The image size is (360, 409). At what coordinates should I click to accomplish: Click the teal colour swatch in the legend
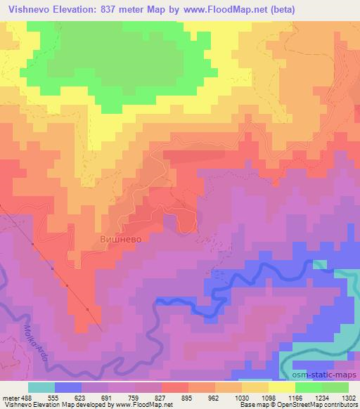pyautogui.click(x=41, y=387)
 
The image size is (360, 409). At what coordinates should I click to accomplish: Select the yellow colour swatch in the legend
pyautogui.click(x=282, y=387)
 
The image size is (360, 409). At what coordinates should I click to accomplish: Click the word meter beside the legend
pyautogui.click(x=9, y=397)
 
